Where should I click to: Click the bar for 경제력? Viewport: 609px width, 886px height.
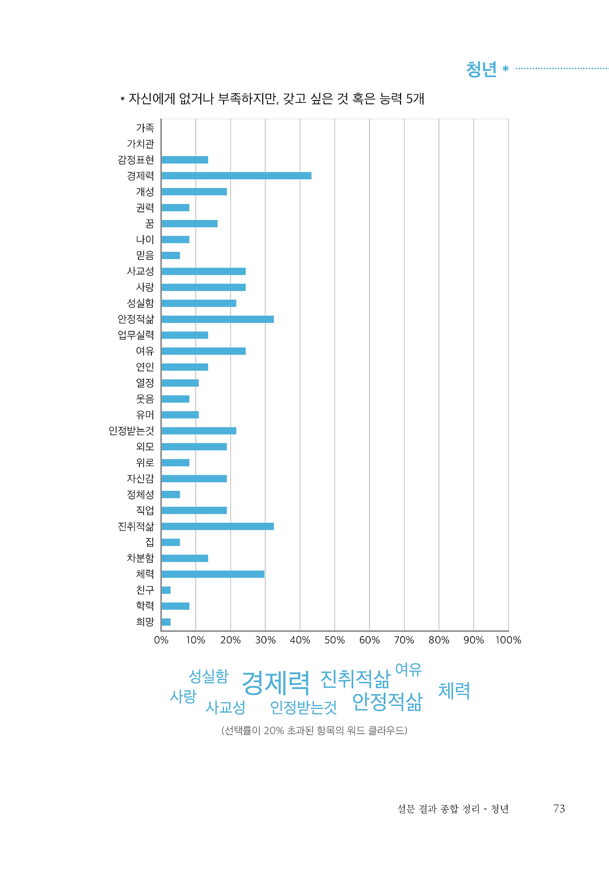tap(236, 176)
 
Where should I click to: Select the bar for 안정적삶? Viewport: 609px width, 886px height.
tap(217, 319)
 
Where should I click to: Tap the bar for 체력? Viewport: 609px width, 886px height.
tap(213, 574)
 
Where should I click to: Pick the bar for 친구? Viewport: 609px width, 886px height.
tap(166, 590)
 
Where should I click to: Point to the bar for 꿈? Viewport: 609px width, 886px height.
tap(189, 224)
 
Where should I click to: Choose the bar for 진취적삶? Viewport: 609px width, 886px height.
tap(217, 526)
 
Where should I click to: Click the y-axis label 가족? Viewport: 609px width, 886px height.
tap(145, 128)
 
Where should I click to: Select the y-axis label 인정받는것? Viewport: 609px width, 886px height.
tap(131, 431)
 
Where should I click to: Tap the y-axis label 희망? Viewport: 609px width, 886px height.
tap(145, 622)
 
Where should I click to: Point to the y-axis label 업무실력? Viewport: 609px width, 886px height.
tap(136, 335)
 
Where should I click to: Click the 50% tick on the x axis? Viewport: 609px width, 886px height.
tap(334, 640)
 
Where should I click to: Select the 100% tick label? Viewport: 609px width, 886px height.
tap(508, 640)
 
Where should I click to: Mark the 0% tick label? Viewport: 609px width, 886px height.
tap(161, 640)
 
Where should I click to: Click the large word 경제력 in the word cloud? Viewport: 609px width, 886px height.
tap(276, 683)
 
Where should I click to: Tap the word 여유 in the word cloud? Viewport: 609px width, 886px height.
tap(408, 670)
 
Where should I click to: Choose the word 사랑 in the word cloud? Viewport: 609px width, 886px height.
tap(183, 697)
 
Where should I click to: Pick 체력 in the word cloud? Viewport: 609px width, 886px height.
tap(454, 691)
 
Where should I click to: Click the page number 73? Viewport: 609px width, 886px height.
tap(559, 808)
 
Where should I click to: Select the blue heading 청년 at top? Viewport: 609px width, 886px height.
tap(481, 70)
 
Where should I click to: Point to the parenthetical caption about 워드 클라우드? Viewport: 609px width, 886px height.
tap(314, 730)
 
